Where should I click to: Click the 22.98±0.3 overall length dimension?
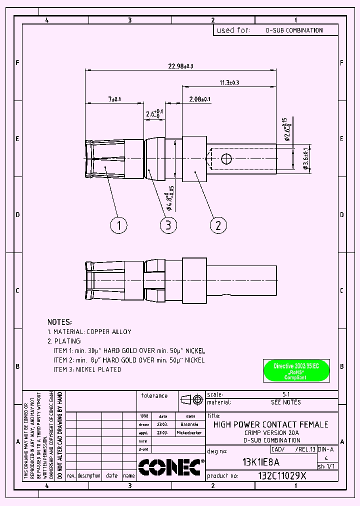click(181, 66)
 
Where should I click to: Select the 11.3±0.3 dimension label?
click(229, 82)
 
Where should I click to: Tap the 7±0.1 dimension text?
click(114, 99)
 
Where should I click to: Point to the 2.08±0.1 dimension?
click(199, 99)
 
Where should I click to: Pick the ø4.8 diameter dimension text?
click(170, 197)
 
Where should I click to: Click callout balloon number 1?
click(118, 225)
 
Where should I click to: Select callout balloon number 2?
click(218, 225)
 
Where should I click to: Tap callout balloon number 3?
click(168, 225)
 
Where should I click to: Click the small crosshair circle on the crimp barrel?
click(226, 158)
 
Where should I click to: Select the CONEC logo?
click(169, 467)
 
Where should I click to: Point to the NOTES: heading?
click(59, 322)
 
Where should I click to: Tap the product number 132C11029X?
click(282, 476)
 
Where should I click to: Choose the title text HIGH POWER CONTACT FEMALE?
click(270, 424)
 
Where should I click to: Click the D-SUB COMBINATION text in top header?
click(293, 30)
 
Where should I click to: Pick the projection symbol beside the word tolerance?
click(192, 399)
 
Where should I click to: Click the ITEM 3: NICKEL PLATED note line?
click(87, 369)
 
